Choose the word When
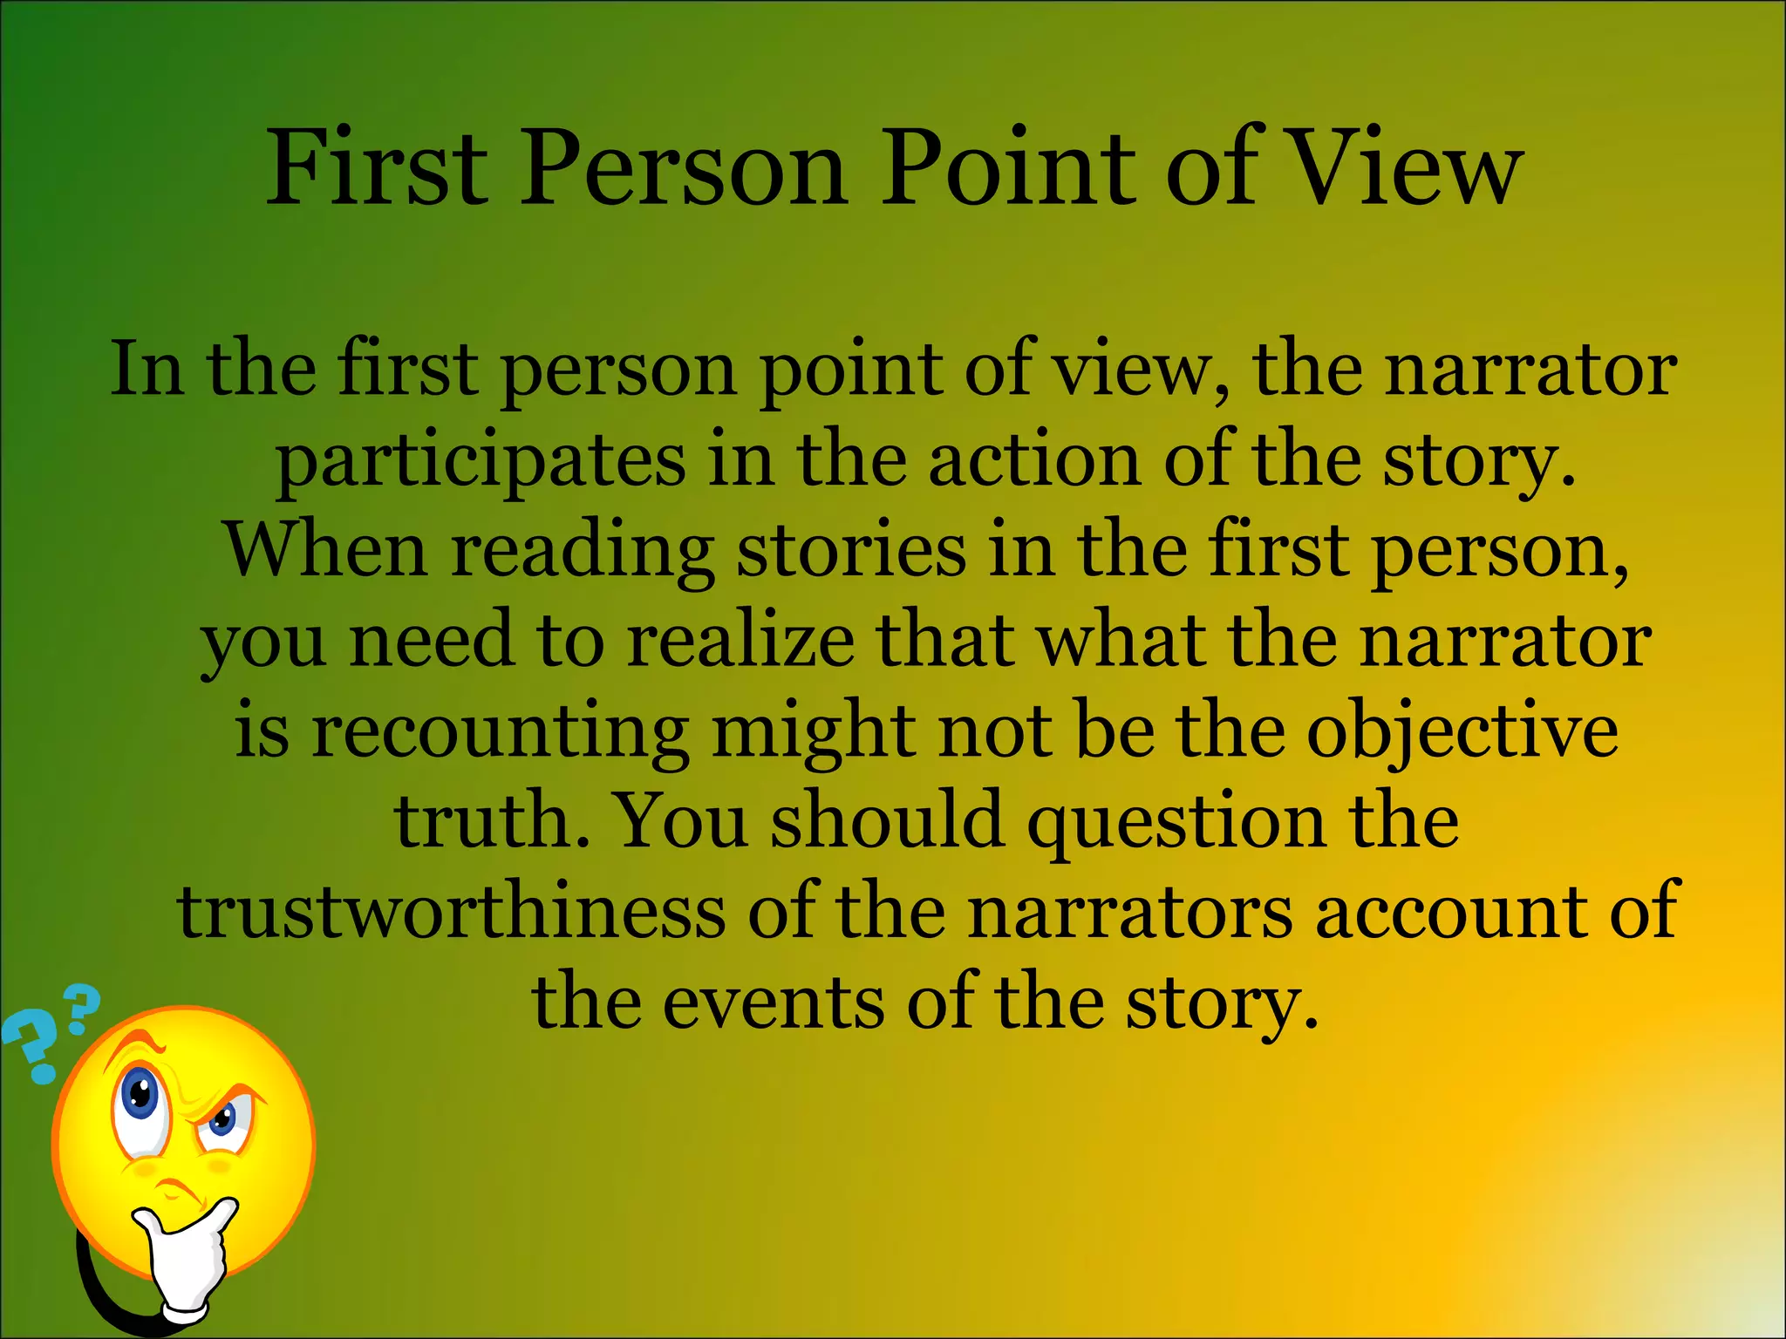pos(327,550)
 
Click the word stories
pos(851,550)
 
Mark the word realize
pos(741,641)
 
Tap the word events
pos(772,1003)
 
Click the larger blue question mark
pos(31,1046)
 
